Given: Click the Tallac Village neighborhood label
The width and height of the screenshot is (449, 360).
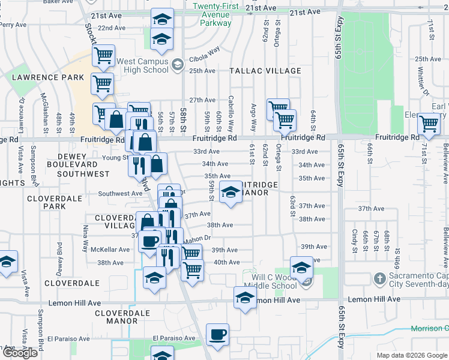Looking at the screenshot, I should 265,71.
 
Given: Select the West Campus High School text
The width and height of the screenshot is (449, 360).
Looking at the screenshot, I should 142,65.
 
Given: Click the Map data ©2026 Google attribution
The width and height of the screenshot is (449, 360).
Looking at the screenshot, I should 412,355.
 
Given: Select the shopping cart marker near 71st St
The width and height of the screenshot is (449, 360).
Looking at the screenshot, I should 429,124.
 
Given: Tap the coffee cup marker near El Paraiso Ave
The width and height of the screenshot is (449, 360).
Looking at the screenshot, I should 217,334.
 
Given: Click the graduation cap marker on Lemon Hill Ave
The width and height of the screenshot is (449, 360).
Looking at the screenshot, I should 244,297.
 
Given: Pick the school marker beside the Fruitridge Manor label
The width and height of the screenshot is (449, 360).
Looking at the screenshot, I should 229,192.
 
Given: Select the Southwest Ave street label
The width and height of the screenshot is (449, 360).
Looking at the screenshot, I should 120,194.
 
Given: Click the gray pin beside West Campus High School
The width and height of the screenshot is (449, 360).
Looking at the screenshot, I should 177,65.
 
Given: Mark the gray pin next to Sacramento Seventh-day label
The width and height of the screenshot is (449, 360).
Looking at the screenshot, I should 379,278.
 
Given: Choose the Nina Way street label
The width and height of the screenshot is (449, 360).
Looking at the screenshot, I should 85,236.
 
